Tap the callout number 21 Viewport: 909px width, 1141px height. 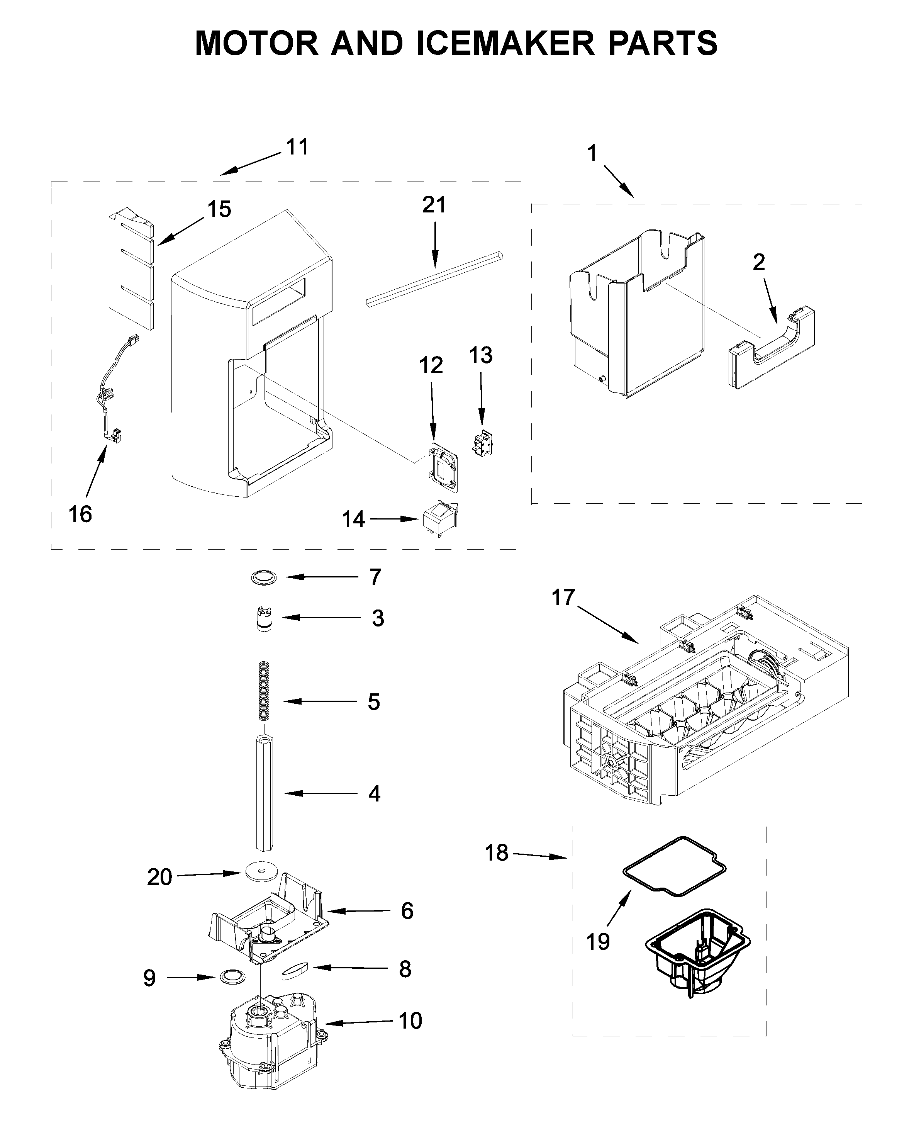click(434, 204)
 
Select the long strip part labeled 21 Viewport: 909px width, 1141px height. click(434, 279)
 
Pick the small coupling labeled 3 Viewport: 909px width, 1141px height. click(263, 618)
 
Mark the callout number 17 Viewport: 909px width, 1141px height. click(563, 597)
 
